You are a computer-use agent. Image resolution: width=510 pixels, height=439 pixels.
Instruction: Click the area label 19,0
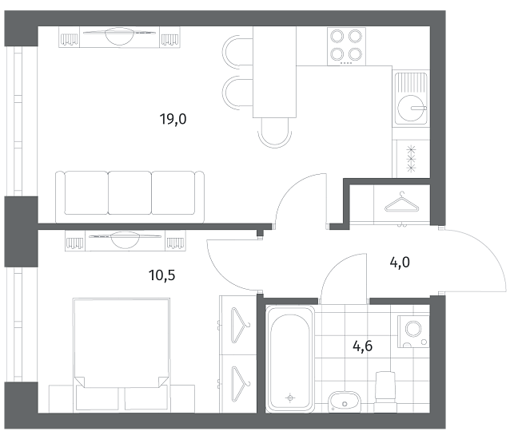(173, 119)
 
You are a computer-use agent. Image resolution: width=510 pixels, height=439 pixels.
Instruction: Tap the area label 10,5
(161, 275)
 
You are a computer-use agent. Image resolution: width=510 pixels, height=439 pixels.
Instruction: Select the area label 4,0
(400, 262)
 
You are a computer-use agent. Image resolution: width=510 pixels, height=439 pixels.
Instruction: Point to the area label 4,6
(363, 346)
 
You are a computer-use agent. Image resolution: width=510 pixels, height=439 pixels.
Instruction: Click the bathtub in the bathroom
(290, 359)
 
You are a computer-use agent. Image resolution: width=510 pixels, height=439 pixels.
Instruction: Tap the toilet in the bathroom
(385, 392)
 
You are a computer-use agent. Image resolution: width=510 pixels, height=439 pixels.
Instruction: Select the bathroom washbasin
(344, 401)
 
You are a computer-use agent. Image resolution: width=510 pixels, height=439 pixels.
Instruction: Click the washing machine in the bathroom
(413, 331)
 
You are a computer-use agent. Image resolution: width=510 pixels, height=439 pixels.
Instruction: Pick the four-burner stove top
(346, 46)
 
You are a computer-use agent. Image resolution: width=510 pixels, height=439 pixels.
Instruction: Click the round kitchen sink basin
(412, 109)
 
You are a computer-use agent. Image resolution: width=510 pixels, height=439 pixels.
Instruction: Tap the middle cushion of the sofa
(129, 193)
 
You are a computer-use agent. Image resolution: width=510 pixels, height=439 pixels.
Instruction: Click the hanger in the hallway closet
(402, 204)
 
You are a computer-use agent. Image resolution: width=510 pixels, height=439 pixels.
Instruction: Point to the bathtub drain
(290, 397)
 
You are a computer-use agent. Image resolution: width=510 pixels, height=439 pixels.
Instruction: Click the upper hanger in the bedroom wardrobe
(240, 326)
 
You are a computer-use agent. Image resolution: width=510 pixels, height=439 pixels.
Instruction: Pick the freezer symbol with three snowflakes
(412, 159)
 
